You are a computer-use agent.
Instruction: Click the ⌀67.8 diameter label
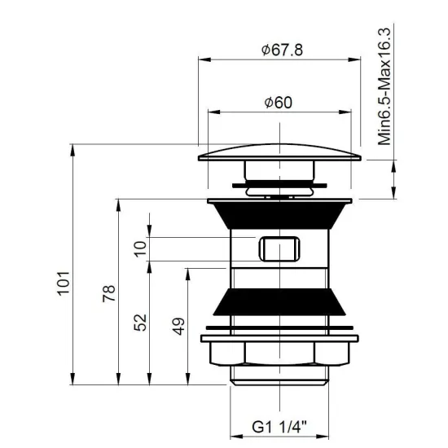coord(282,50)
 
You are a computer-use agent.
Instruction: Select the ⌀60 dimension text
coord(279,103)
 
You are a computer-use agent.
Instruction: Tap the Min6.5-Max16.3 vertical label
coord(384,86)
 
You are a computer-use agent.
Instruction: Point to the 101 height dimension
coord(64,283)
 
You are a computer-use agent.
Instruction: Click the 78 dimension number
coord(109,293)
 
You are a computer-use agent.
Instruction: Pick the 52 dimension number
coord(140,323)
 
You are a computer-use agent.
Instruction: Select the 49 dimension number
coord(178,327)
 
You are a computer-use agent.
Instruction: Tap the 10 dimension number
coord(140,249)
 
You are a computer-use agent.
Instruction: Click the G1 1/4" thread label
coord(279,427)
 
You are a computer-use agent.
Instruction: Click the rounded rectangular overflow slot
coord(279,248)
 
